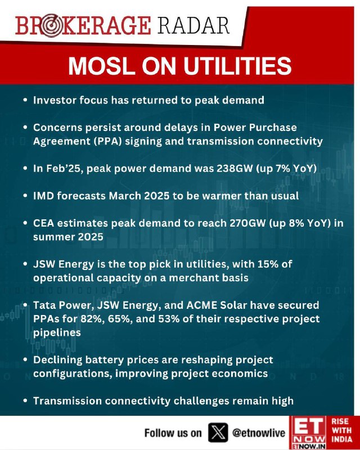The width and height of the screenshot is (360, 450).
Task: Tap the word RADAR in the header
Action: [193, 26]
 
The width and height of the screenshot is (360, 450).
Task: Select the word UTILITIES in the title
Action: [238, 66]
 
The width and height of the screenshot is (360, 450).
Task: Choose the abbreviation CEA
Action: [43, 223]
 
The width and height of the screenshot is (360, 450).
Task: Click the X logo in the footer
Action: [218, 433]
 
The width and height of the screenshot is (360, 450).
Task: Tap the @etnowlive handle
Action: [259, 433]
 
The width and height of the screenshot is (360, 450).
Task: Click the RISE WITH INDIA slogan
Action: [341, 430]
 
